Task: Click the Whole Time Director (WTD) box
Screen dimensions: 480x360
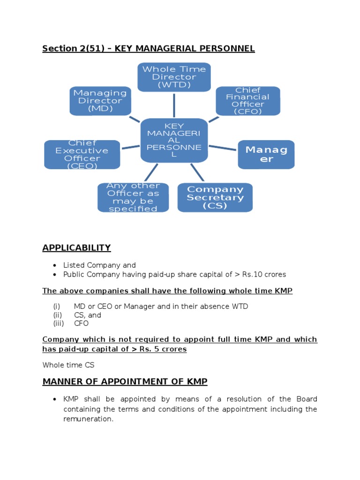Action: (174, 77)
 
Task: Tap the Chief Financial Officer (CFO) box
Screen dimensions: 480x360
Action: (247, 101)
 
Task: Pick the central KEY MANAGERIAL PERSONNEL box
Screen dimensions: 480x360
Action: (174, 140)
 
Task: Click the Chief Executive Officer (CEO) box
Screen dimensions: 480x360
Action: (82, 154)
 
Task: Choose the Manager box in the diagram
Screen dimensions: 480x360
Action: (266, 154)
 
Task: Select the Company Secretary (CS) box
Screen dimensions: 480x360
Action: (215, 197)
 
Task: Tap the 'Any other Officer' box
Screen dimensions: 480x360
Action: (133, 197)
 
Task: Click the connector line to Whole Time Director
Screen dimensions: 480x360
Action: (174, 105)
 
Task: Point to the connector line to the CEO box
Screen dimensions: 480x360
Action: (130, 148)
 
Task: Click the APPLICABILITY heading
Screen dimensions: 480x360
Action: (76, 247)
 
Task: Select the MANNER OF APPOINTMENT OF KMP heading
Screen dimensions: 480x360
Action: (125, 381)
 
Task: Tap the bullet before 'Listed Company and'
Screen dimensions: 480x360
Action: (55, 265)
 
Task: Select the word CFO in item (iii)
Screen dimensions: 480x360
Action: (81, 323)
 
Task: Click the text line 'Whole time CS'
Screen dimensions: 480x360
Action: (68, 365)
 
